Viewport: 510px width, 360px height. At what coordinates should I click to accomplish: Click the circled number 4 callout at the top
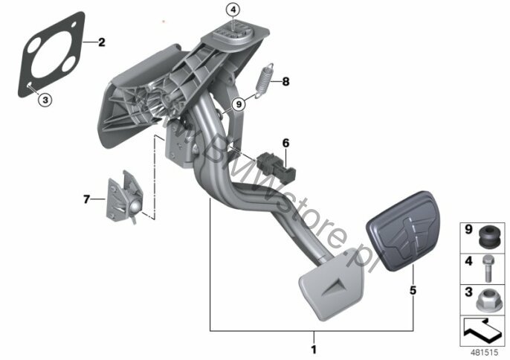233,10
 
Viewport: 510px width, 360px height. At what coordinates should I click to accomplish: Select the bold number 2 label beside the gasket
101,42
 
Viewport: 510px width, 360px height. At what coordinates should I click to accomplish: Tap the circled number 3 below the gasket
45,100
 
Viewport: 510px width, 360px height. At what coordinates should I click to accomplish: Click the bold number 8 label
285,81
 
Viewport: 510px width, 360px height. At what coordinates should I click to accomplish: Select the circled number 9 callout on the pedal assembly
239,104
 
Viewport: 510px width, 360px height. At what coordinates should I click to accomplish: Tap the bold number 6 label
285,143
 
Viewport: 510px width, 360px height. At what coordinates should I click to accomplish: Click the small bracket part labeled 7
125,196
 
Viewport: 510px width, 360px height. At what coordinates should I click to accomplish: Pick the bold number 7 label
86,199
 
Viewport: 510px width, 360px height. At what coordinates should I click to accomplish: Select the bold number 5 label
413,290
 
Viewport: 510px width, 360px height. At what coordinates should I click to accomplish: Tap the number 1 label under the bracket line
314,350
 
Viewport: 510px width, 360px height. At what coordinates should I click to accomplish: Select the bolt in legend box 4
487,269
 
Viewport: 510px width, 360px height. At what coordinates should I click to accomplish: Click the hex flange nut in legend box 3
486,300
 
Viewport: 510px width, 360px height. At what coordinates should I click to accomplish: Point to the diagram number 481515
485,352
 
